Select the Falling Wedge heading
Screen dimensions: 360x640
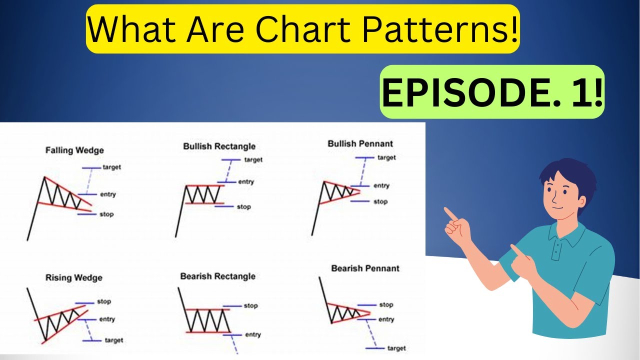[74, 150]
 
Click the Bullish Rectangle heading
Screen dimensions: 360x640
[219, 146]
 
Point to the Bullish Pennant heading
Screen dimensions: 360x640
[360, 144]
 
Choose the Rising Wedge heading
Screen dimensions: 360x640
[73, 278]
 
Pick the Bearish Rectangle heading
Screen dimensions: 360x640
[217, 276]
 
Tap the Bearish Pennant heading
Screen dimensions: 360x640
[365, 268]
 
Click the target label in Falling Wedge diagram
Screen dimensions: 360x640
[111, 167]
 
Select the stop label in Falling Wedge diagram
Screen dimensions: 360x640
[106, 214]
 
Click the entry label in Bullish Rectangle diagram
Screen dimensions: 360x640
[245, 182]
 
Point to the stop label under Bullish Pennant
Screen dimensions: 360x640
[380, 202]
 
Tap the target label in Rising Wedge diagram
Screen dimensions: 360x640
[113, 340]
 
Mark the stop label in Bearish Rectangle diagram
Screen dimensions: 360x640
[250, 306]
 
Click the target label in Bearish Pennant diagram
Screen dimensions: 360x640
[396, 348]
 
